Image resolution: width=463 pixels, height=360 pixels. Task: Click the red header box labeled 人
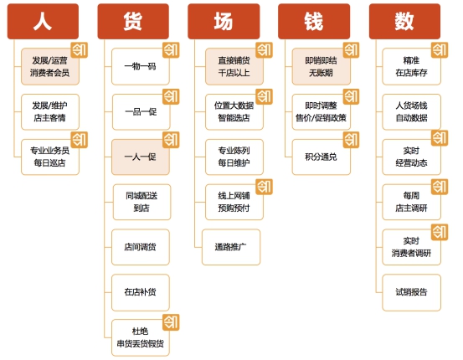tap(43, 21)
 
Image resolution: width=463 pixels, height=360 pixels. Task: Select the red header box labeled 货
tap(133, 21)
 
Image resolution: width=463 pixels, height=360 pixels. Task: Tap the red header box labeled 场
tap(224, 21)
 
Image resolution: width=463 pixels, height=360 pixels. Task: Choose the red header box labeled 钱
tap(314, 21)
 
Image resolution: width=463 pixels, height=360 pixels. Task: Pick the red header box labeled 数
tap(404, 21)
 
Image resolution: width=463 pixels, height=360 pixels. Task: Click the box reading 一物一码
tap(141, 66)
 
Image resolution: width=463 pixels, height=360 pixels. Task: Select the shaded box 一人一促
tap(141, 157)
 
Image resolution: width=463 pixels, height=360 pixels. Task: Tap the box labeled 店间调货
tap(141, 247)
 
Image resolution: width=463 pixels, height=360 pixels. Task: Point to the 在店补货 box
tap(141, 292)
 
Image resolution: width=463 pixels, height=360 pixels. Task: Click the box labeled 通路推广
tap(231, 247)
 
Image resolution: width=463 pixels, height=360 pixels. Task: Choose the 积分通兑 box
tap(322, 157)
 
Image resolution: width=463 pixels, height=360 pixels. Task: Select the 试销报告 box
tap(411, 292)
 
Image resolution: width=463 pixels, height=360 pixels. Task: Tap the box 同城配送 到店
tap(141, 202)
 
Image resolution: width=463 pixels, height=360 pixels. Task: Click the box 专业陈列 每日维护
tap(234, 157)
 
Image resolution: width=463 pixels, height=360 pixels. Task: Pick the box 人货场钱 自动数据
tap(411, 112)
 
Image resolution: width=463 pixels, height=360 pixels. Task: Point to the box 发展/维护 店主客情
tap(50, 112)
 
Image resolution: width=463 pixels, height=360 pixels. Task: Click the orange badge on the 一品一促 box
tap(171, 96)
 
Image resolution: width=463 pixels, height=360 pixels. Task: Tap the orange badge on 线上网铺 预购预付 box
tap(264, 187)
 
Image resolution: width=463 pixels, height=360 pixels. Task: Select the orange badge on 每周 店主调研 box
tap(440, 187)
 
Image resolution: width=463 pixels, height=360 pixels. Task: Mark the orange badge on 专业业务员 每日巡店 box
tap(80, 140)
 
